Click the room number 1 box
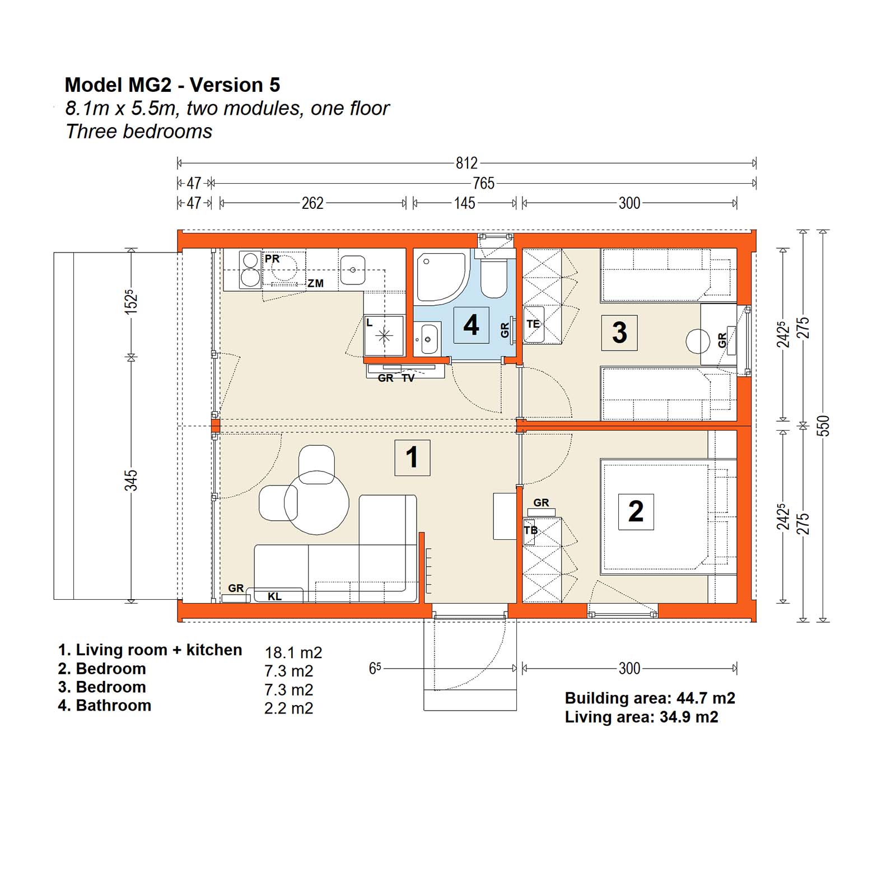point(412,458)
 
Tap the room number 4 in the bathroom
point(471,325)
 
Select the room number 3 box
point(619,333)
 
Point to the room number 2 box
point(636,511)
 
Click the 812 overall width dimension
point(466,163)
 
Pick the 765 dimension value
point(483,183)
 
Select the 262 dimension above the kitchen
point(312,203)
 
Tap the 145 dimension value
point(464,203)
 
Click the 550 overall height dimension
point(823,426)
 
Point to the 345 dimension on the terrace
point(130,480)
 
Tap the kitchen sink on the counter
point(353,270)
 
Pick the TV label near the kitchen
point(408,379)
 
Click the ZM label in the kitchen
point(316,283)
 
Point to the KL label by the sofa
point(274,596)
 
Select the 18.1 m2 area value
point(293,652)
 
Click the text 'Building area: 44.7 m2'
point(650,698)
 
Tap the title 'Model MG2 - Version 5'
point(172,85)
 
